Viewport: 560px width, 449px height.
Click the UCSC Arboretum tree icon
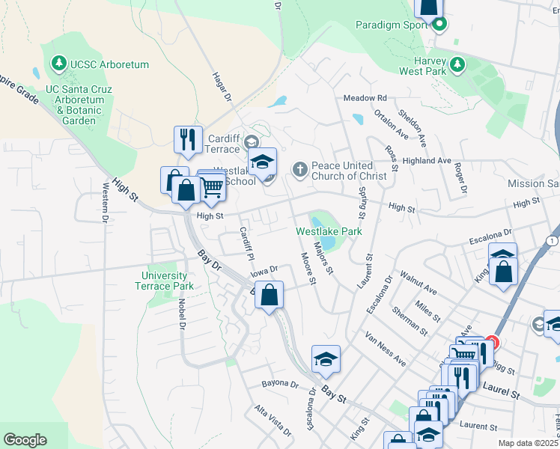[59, 65]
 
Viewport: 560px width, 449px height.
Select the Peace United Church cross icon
[299, 168]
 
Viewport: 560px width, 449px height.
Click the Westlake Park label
[329, 231]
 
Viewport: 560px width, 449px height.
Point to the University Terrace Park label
[167, 281]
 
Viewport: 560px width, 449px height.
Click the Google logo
[25, 440]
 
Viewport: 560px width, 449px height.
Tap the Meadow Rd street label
[365, 98]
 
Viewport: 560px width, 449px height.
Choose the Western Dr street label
[103, 202]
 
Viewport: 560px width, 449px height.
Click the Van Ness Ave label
[386, 349]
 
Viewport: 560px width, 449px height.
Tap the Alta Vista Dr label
[273, 421]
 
